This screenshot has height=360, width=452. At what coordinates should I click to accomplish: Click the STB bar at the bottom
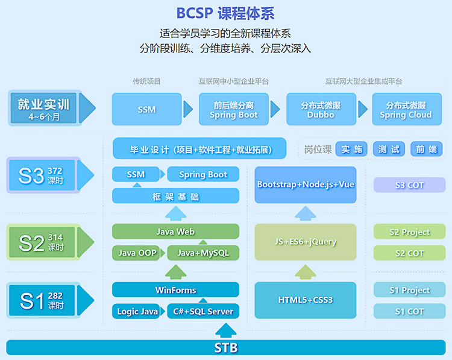coord(226,347)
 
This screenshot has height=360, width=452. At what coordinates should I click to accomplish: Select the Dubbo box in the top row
coord(321,109)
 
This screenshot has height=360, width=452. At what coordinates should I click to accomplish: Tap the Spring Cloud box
coord(407,109)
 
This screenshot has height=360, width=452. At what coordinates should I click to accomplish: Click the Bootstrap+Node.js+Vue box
coord(306,185)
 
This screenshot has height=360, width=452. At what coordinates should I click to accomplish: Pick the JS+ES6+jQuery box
coord(306,242)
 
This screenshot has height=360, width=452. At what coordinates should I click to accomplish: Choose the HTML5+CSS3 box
coord(306,300)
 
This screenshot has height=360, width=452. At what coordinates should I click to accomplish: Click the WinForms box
coord(175,289)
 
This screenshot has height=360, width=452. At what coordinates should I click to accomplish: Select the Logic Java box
coord(136,311)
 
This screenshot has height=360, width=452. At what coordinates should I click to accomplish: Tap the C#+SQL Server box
coord(203,311)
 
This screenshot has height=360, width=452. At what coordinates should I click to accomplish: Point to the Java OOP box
coord(136,253)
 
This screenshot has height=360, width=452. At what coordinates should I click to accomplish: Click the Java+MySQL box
coord(203,253)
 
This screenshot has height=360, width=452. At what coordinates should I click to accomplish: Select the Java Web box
coord(175,232)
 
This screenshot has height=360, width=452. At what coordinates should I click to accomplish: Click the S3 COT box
coord(410,185)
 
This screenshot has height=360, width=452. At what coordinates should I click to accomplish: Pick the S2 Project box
coord(410,232)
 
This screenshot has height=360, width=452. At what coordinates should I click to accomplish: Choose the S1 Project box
coord(410,290)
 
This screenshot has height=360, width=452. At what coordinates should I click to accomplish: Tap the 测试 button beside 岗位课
coord(389,149)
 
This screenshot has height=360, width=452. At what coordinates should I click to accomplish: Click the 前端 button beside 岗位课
coord(426,149)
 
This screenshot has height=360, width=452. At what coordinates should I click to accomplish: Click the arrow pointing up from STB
coord(226,330)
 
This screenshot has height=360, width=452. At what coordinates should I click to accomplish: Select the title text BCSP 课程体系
coord(225,13)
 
